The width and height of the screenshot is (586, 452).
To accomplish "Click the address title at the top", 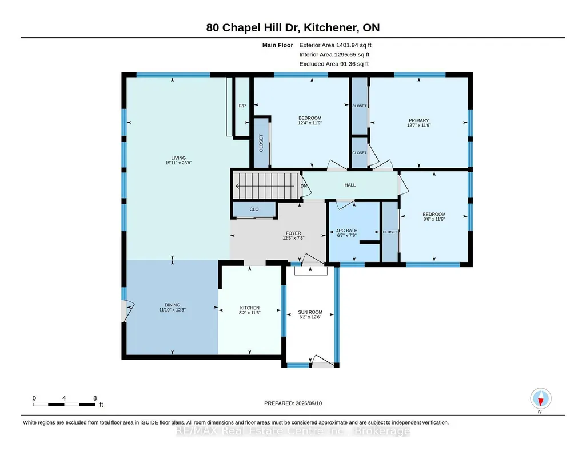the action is point(293,27).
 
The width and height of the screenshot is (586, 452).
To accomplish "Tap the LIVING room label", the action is point(178,158).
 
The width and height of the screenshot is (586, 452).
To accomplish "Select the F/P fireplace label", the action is point(242,106).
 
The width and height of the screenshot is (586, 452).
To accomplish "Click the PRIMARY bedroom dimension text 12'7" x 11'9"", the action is point(419,126).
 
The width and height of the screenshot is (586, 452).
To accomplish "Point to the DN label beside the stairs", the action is point(304,185).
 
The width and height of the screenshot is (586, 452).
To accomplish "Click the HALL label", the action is point(350,185).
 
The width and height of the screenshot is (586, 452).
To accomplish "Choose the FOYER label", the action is point(293,233).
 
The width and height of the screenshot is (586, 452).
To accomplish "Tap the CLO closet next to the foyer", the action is point(254,209).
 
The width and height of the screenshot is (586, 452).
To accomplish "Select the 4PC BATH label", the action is point(347,231).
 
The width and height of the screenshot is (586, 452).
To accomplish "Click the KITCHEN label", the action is point(250,308).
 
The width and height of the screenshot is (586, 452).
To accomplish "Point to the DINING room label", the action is point(172,305).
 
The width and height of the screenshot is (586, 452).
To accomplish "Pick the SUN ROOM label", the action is point(310,312).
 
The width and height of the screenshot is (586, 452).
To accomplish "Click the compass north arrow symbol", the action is point(540,399).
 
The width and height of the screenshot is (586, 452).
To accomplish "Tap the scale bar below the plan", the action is point(64,405).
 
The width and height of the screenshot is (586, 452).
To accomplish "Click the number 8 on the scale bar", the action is point(95,398).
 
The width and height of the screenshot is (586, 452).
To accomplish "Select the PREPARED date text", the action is point(293,403).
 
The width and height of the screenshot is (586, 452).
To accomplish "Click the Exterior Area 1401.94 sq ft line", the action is point(335,45).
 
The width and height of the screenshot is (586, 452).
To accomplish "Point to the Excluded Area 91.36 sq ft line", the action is point(334,64).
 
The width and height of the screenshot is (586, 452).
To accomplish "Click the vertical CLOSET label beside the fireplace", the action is point(261,143).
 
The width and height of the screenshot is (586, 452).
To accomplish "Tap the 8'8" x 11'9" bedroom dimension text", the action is point(434,219).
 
